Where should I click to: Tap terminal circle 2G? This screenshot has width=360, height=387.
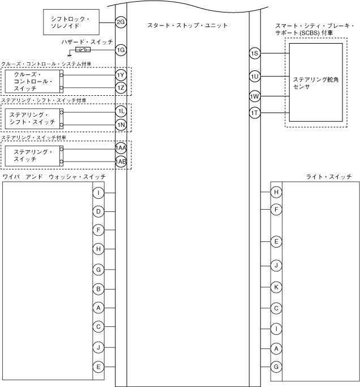click(x=121, y=22)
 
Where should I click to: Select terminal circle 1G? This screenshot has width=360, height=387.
click(x=121, y=50)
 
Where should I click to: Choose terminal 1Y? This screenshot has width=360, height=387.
click(x=121, y=75)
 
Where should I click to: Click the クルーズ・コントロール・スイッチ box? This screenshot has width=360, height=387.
click(x=33, y=82)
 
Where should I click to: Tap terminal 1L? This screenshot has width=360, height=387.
click(x=121, y=111)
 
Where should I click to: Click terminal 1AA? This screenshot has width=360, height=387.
click(x=121, y=148)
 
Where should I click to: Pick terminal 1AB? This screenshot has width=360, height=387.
click(x=121, y=161)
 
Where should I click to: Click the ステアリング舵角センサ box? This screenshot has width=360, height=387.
click(x=316, y=82)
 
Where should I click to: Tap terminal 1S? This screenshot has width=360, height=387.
click(x=255, y=54)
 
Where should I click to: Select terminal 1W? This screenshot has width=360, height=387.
click(x=255, y=96)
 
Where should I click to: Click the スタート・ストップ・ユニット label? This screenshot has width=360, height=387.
click(x=187, y=25)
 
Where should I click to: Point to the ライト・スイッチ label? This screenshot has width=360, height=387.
click(x=328, y=177)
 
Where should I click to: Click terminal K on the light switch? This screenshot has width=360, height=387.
click(x=276, y=287)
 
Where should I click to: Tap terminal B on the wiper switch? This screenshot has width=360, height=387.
click(x=98, y=290)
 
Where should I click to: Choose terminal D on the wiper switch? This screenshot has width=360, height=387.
click(x=98, y=211)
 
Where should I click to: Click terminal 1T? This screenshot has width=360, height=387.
click(x=255, y=113)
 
